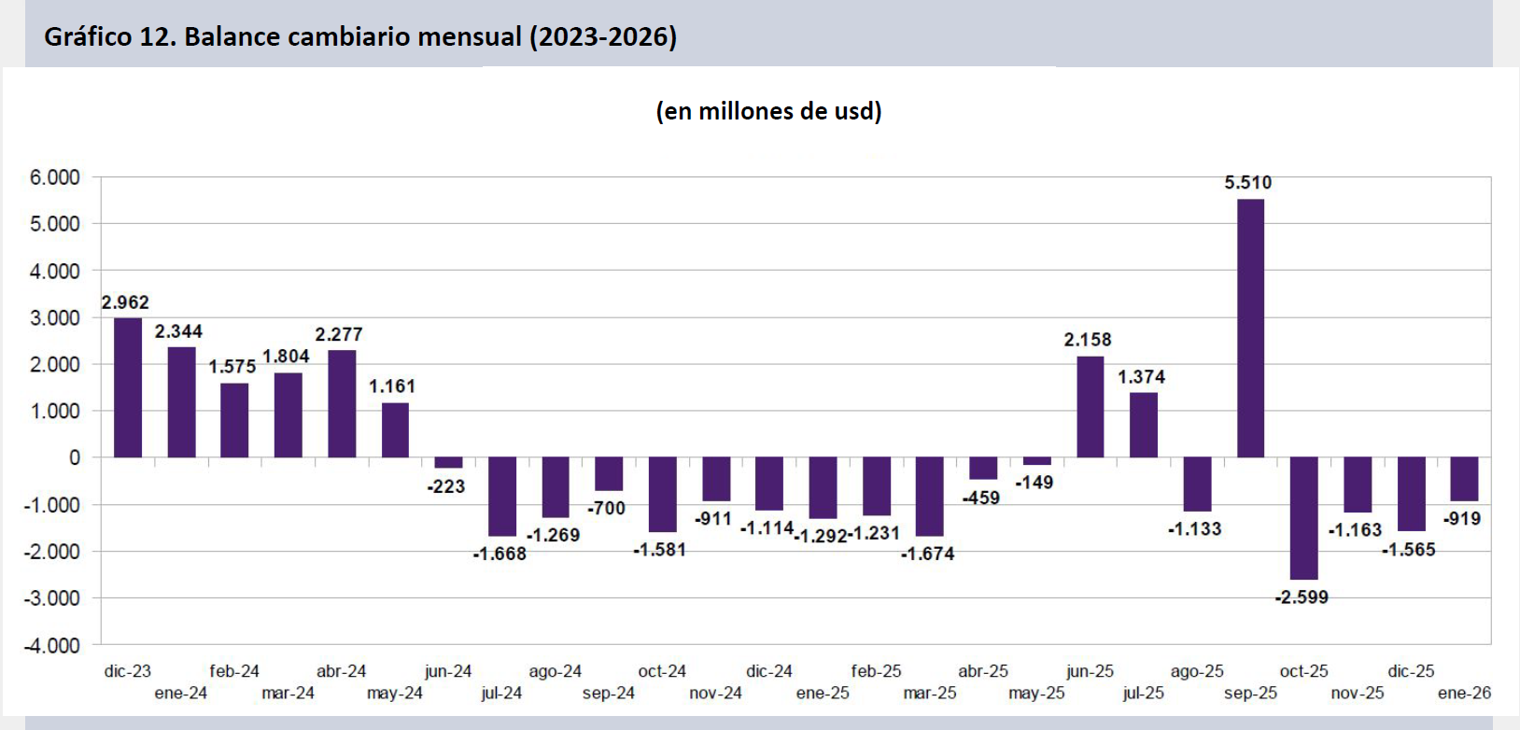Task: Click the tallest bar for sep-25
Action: pyautogui.click(x=1250, y=329)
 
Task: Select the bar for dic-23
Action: pyautogui.click(x=128, y=387)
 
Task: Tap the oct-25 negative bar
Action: pyautogui.click(x=1303, y=518)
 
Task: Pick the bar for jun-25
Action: pyautogui.click(x=1090, y=407)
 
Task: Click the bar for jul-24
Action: pyautogui.click(x=502, y=497)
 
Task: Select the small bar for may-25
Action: pyautogui.click(x=1036, y=461)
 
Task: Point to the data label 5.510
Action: pyautogui.click(x=1247, y=183)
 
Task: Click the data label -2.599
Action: pyautogui.click(x=1302, y=597)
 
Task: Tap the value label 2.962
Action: pyautogui.click(x=125, y=302)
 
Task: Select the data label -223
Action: pyautogui.click(x=446, y=486)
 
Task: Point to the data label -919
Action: pyautogui.click(x=1462, y=519)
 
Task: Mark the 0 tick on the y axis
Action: pyautogui.click(x=75, y=457)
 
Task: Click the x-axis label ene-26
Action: pyautogui.click(x=1464, y=694)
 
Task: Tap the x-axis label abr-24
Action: pyautogui.click(x=341, y=671)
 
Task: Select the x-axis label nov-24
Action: pyautogui.click(x=715, y=694)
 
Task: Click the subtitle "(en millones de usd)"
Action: pyautogui.click(x=768, y=111)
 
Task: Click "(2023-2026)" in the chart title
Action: pyautogui.click(x=603, y=36)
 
